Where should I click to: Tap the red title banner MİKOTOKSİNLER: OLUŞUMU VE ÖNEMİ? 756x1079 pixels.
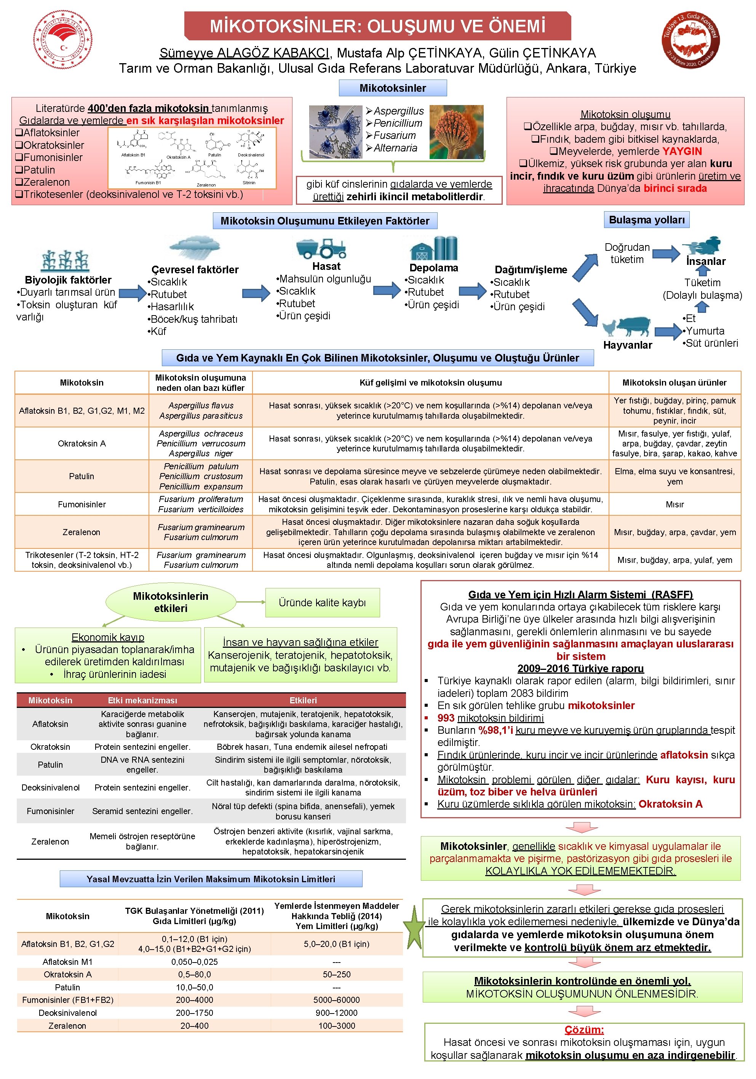(377, 26)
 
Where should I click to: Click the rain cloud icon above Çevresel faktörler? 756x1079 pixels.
(195, 248)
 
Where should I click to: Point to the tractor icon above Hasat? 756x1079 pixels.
(321, 248)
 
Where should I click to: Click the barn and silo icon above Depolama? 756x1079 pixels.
(433, 248)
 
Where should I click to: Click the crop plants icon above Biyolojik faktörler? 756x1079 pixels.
(66, 261)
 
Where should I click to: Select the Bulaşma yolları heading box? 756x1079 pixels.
(646, 220)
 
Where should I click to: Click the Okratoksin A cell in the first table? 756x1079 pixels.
(82, 443)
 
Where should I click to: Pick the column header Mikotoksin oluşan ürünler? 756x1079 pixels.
(674, 383)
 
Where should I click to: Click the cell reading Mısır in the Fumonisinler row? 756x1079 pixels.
(674, 504)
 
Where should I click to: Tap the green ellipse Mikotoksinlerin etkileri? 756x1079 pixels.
(170, 602)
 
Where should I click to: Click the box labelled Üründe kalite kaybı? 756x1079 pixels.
(322, 602)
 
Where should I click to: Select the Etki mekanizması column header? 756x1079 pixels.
(142, 700)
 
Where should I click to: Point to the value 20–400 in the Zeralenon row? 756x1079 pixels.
(194, 1026)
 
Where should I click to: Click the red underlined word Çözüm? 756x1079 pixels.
(584, 1030)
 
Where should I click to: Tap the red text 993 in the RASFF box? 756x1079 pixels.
(446, 718)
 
